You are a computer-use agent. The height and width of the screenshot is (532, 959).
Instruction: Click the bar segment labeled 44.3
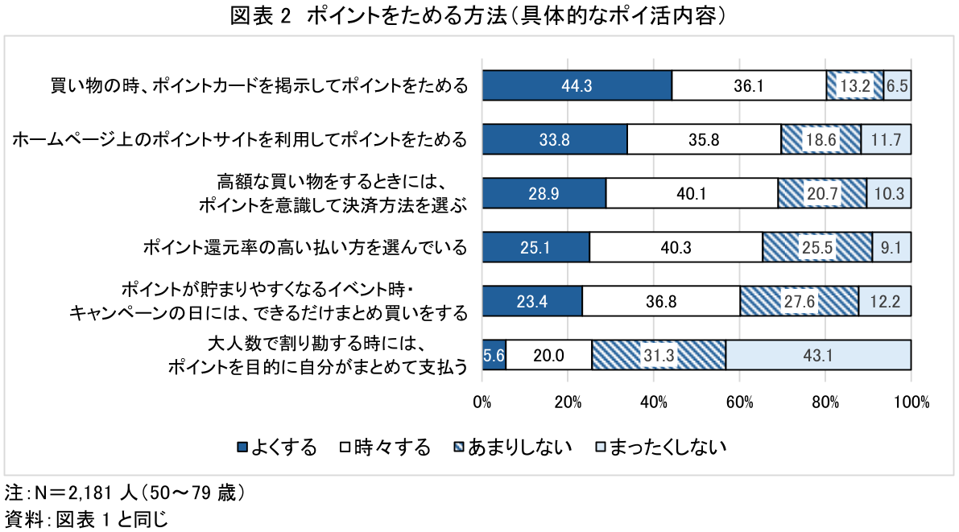coord(577,85)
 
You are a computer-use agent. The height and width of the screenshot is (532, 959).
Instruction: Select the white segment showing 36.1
coord(749,85)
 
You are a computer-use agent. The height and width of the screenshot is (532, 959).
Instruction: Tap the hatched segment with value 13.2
coord(854,85)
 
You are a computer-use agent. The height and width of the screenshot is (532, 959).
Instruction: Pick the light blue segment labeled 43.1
coord(818,355)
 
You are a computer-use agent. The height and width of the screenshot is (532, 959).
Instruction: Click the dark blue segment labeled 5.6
coord(494,355)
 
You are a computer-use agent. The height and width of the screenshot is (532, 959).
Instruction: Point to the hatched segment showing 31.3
coord(659,355)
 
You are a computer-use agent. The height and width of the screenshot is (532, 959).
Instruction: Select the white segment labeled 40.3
coord(676,247)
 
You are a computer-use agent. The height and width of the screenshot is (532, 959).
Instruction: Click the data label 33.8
coord(554,139)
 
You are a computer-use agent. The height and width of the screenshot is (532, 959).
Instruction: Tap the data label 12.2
coord(885,301)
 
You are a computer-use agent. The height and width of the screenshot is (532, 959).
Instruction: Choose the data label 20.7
coord(823,193)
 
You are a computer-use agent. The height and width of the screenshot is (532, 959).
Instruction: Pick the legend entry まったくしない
coord(668,447)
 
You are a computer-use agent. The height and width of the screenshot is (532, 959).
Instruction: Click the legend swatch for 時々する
coord(344,447)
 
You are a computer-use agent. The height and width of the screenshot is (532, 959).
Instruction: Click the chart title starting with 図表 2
coord(478,17)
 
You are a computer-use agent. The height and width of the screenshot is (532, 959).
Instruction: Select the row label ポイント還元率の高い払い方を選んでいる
coord(304,247)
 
